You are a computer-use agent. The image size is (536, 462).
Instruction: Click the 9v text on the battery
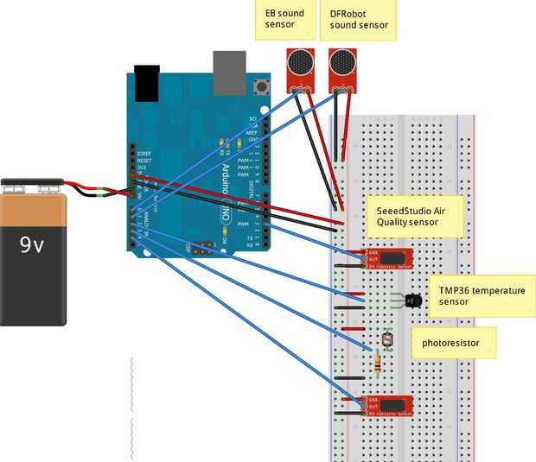[32, 245]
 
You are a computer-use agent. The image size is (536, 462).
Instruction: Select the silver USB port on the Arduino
[229, 72]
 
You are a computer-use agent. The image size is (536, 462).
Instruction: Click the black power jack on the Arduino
[147, 82]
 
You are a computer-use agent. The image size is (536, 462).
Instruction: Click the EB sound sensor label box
[284, 20]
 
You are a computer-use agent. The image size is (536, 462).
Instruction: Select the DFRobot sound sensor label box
[359, 20]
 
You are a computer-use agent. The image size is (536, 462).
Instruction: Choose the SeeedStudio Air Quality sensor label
[413, 216]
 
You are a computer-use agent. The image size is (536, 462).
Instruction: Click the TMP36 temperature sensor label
[481, 296]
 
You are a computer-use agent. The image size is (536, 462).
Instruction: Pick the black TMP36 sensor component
[412, 301]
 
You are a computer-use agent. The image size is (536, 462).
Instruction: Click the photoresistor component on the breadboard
[386, 340]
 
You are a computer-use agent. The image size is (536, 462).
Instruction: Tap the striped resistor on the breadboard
[380, 364]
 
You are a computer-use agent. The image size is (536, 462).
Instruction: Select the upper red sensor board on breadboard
[389, 257]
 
